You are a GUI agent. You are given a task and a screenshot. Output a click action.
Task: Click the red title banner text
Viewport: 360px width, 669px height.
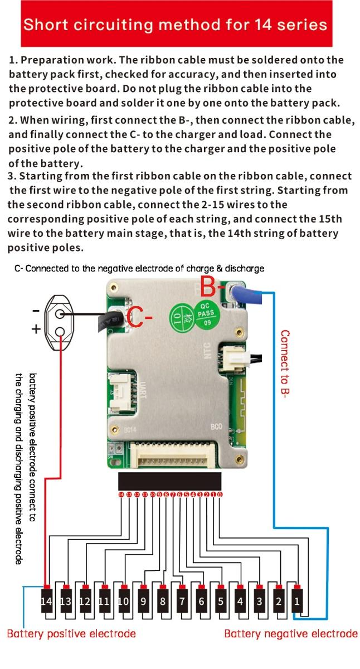[x=176, y=24]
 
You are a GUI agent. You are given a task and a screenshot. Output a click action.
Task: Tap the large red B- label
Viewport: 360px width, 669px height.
[x=211, y=288]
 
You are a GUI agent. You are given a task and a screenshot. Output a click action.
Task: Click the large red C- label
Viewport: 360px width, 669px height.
[x=140, y=318]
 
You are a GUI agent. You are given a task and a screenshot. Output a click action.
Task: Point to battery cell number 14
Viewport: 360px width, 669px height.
[x=46, y=602]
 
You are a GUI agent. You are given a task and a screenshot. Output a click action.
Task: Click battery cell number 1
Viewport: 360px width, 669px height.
[x=297, y=602]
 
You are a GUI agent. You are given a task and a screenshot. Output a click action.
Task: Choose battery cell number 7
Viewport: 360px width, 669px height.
[x=182, y=602]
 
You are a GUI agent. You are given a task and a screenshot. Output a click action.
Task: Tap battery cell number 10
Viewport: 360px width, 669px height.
[x=123, y=602]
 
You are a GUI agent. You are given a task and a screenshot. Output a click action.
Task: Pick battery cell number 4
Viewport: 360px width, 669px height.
[x=240, y=602]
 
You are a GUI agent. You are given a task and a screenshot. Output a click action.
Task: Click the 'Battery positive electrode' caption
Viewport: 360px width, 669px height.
[x=71, y=633]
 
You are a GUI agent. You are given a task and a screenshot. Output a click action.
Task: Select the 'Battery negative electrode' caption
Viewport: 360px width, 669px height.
[x=290, y=633]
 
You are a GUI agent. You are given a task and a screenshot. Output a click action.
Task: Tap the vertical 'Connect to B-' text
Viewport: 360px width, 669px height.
[x=285, y=362]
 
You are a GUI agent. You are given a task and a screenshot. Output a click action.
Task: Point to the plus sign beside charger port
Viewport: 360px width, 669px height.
[x=36, y=330]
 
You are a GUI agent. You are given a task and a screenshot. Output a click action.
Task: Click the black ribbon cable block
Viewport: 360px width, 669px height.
[x=169, y=481]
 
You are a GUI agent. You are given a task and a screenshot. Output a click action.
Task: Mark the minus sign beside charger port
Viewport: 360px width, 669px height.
[x=36, y=310]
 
